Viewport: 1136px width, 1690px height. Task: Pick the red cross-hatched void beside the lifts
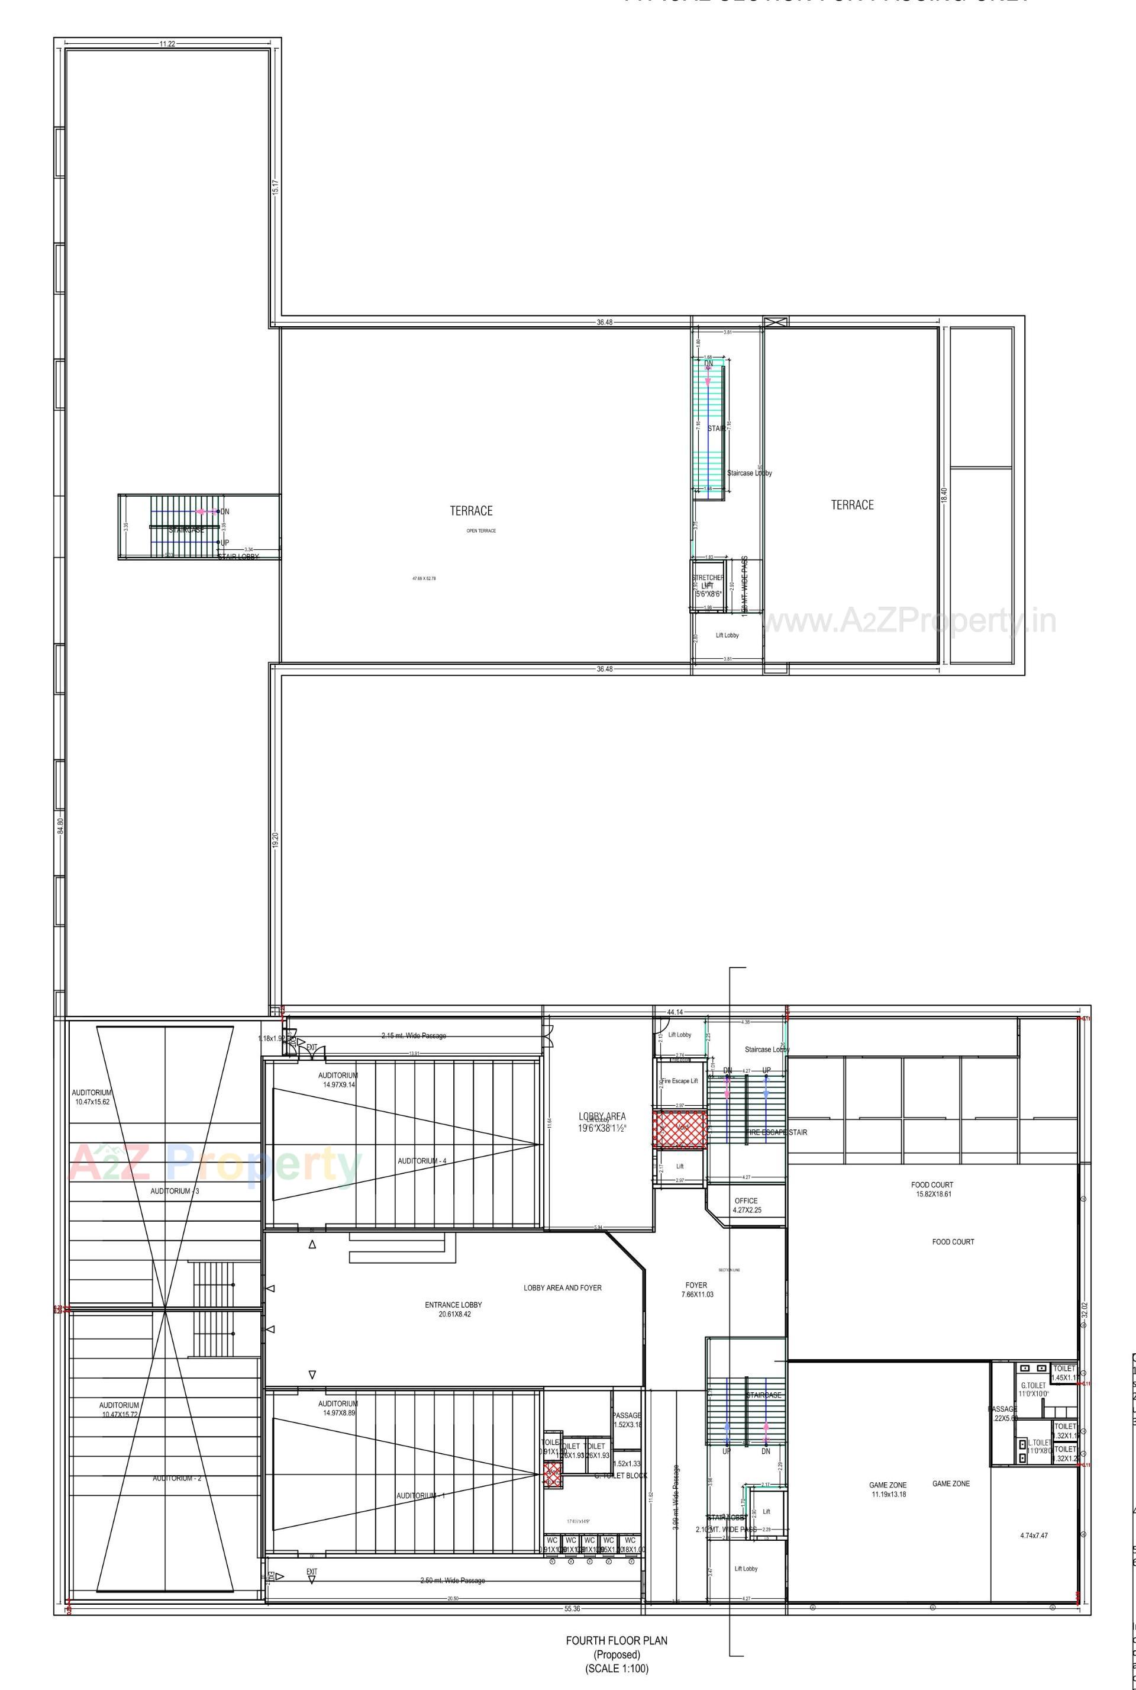click(x=680, y=1129)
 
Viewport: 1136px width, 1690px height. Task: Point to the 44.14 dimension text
click(x=675, y=1012)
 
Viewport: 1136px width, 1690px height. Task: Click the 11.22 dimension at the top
click(x=167, y=44)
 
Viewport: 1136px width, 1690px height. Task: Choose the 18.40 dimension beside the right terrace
click(x=943, y=495)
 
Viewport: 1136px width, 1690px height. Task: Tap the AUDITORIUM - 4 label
click(x=422, y=1161)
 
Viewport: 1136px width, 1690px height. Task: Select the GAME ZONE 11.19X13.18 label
click(x=887, y=1489)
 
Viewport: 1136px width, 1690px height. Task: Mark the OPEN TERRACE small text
click(x=481, y=530)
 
